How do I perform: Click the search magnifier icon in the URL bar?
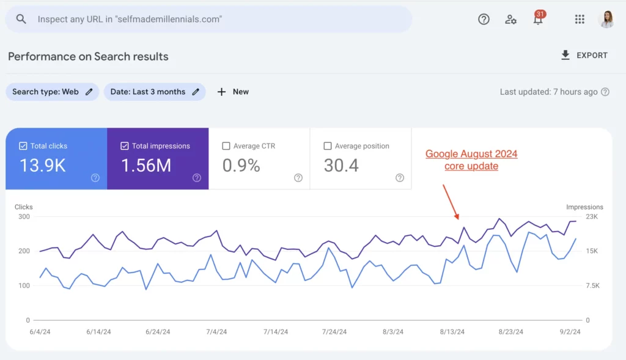(x=21, y=19)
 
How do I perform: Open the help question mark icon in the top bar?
(x=484, y=19)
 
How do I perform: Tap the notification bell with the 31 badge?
(x=538, y=19)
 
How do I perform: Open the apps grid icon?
(x=580, y=19)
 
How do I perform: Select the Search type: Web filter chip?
(x=52, y=92)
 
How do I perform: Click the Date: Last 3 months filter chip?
(x=155, y=92)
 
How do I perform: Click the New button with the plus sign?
(x=233, y=92)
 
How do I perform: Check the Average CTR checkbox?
(x=226, y=146)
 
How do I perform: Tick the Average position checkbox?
(x=328, y=146)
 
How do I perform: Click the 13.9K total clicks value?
(x=42, y=166)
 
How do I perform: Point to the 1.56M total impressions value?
(x=145, y=166)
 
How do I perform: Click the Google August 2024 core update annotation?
(x=471, y=160)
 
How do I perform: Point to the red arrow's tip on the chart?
(x=457, y=218)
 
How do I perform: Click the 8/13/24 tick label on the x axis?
(x=452, y=332)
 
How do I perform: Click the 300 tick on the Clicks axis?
(x=24, y=216)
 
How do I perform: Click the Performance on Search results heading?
(x=88, y=56)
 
